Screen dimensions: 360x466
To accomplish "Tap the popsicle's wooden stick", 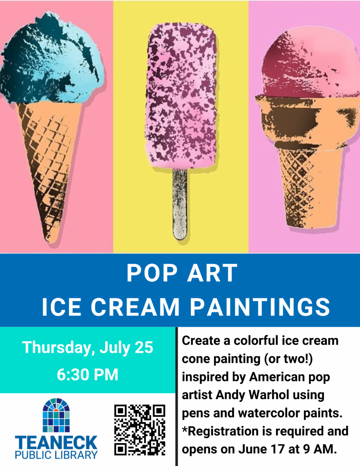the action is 180,204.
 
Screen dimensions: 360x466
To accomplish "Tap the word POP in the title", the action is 152,273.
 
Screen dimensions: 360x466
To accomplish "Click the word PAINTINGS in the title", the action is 260,307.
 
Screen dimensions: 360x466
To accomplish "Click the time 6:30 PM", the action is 88,375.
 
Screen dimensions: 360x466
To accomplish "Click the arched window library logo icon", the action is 56,415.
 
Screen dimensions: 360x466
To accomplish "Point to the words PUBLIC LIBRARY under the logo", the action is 56,455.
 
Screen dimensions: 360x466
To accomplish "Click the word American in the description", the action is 277,377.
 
